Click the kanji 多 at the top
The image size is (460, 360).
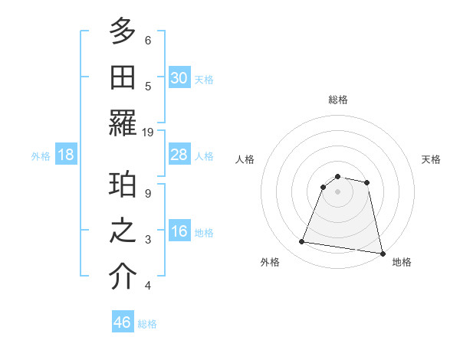123,33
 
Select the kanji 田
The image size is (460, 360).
123,77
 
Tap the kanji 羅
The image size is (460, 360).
123,123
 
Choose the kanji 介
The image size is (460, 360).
123,277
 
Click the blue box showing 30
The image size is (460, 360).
179,78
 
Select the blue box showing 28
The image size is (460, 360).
179,155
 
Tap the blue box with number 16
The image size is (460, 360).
179,232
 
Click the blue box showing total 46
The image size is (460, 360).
123,322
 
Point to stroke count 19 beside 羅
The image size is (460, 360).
148,132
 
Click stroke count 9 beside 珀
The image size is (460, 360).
148,193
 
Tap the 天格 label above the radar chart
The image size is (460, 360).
431,159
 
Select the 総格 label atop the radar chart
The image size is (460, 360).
338,100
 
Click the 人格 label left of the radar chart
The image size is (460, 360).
245,159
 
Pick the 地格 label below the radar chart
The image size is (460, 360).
402,262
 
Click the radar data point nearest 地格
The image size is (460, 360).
382,252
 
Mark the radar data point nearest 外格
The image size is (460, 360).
302,242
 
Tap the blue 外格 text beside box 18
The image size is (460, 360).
41,156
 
